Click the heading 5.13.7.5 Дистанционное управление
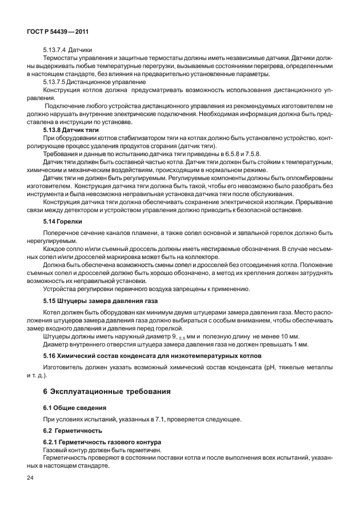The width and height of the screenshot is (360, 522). click(91, 82)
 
